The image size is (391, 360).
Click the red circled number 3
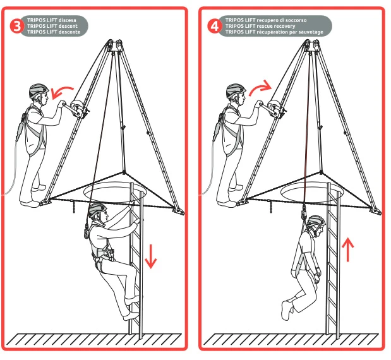pos(16,26)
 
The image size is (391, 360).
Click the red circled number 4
pos(214,26)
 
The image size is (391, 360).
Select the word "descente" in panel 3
pos(69,32)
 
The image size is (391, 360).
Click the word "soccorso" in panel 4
pos(296,20)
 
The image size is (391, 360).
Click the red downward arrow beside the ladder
pos(150,256)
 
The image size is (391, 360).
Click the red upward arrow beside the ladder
pos(348,249)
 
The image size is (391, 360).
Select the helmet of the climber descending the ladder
pos(97,210)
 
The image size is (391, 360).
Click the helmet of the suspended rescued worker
pos(316,222)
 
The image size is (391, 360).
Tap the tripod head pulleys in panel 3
pos(115,45)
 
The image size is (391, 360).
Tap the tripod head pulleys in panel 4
pos(312,45)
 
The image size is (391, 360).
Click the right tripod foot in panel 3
pos(179,212)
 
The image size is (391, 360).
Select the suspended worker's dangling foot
pos(287,311)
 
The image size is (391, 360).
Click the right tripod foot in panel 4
pos(376,212)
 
